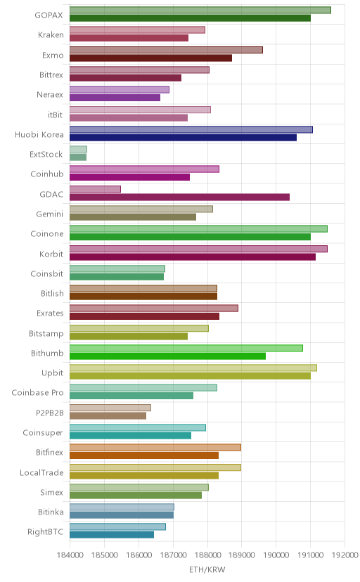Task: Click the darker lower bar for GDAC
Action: click(179, 197)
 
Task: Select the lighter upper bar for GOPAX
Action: click(200, 10)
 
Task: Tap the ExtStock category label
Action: click(46, 155)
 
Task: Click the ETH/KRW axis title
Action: click(207, 569)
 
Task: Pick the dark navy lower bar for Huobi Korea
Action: click(183, 138)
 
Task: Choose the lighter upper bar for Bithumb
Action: click(186, 348)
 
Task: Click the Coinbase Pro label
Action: click(37, 393)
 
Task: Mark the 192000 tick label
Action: click(345, 555)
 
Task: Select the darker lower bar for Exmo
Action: click(150, 58)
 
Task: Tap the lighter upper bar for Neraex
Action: click(120, 90)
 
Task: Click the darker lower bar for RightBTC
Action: click(112, 534)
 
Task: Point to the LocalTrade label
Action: click(41, 472)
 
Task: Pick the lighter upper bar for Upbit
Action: click(193, 368)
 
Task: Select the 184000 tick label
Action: click(70, 555)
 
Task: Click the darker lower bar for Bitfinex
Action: click(144, 455)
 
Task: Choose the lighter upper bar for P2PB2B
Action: click(110, 408)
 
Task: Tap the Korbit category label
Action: click(51, 254)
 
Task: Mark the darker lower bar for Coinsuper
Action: click(130, 436)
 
